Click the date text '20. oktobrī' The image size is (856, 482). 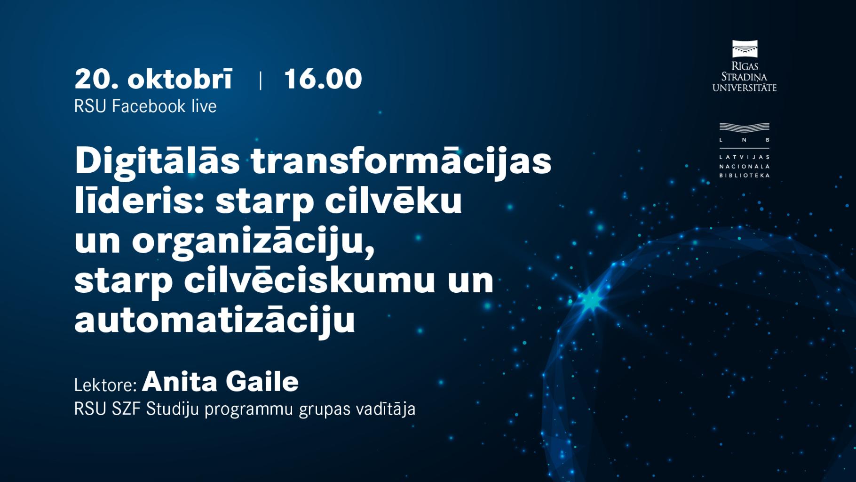[153, 79]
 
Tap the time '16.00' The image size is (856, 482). [323, 79]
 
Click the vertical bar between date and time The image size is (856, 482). [261, 80]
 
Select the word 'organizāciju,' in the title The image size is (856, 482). [253, 242]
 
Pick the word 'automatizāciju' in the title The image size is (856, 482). [214, 321]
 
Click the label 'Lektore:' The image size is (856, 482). [105, 385]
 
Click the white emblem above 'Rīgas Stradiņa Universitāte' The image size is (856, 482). [745, 49]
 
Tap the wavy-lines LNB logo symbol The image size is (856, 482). [744, 128]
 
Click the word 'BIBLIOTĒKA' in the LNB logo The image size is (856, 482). [744, 176]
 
